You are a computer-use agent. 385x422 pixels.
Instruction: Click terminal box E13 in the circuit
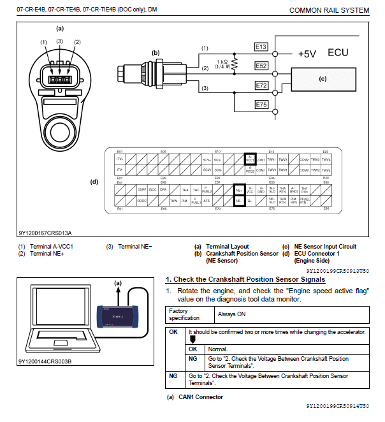point(261,47)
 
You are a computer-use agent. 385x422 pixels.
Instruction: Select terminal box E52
point(261,66)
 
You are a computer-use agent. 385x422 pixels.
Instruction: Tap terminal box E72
point(261,85)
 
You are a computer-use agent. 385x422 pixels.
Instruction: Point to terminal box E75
point(261,104)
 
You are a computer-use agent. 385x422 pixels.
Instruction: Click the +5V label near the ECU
point(307,54)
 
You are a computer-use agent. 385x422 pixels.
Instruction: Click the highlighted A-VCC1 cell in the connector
point(250,158)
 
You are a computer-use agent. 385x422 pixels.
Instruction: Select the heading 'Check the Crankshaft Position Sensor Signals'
point(245,279)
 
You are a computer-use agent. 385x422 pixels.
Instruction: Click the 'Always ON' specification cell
point(233,314)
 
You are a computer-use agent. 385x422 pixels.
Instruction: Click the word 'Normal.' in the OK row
point(218,349)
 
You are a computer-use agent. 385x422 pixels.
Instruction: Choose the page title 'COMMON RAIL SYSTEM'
point(329,10)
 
